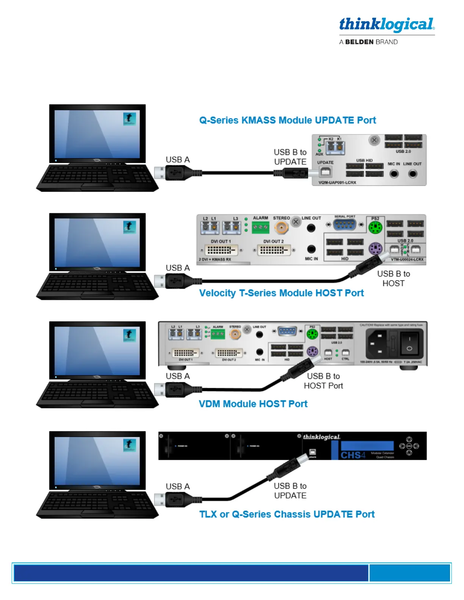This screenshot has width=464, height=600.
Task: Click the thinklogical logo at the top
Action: (387, 25)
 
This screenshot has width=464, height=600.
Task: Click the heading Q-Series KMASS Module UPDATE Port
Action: (287, 120)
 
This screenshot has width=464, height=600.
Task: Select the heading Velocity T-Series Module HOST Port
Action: (281, 293)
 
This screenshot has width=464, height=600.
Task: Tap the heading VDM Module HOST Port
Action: (253, 404)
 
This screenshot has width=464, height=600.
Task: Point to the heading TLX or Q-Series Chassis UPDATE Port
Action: (287, 514)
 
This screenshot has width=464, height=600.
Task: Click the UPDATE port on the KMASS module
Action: (325, 172)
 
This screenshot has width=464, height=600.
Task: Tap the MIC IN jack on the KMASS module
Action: (394, 174)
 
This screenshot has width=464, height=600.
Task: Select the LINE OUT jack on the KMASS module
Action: (412, 174)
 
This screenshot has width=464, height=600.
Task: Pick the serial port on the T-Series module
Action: (345, 225)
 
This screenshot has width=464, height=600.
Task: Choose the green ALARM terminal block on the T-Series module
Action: (260, 227)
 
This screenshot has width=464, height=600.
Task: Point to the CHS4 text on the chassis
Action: (353, 455)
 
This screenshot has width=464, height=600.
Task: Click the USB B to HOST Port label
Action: (323, 381)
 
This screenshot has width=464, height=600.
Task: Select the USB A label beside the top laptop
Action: (177, 160)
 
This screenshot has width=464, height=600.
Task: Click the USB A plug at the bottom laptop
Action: (172, 500)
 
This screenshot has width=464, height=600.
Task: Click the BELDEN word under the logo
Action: (359, 42)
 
